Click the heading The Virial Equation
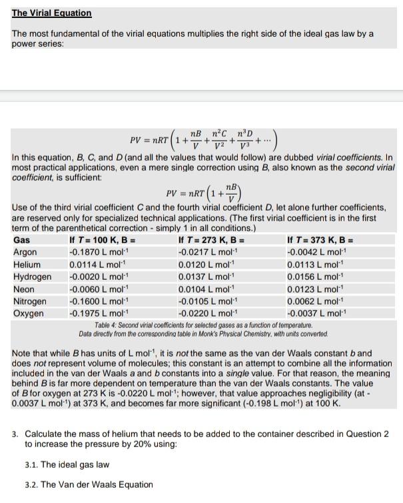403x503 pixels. [52, 13]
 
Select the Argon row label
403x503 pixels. [26, 252]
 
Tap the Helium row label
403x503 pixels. [27, 264]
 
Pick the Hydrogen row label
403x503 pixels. [32, 277]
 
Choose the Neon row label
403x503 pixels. [24, 289]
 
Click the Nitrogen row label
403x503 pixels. [30, 301]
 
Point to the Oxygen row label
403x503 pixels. [29, 313]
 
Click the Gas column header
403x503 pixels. [21, 241]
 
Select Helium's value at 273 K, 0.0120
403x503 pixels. [207, 264]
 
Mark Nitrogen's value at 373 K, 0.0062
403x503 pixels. [315, 301]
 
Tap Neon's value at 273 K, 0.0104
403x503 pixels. [207, 289]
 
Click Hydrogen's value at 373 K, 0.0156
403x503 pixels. [315, 277]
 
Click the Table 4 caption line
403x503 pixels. [202, 324]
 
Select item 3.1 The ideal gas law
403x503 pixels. [67, 464]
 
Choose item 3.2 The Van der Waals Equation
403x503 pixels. [89, 484]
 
